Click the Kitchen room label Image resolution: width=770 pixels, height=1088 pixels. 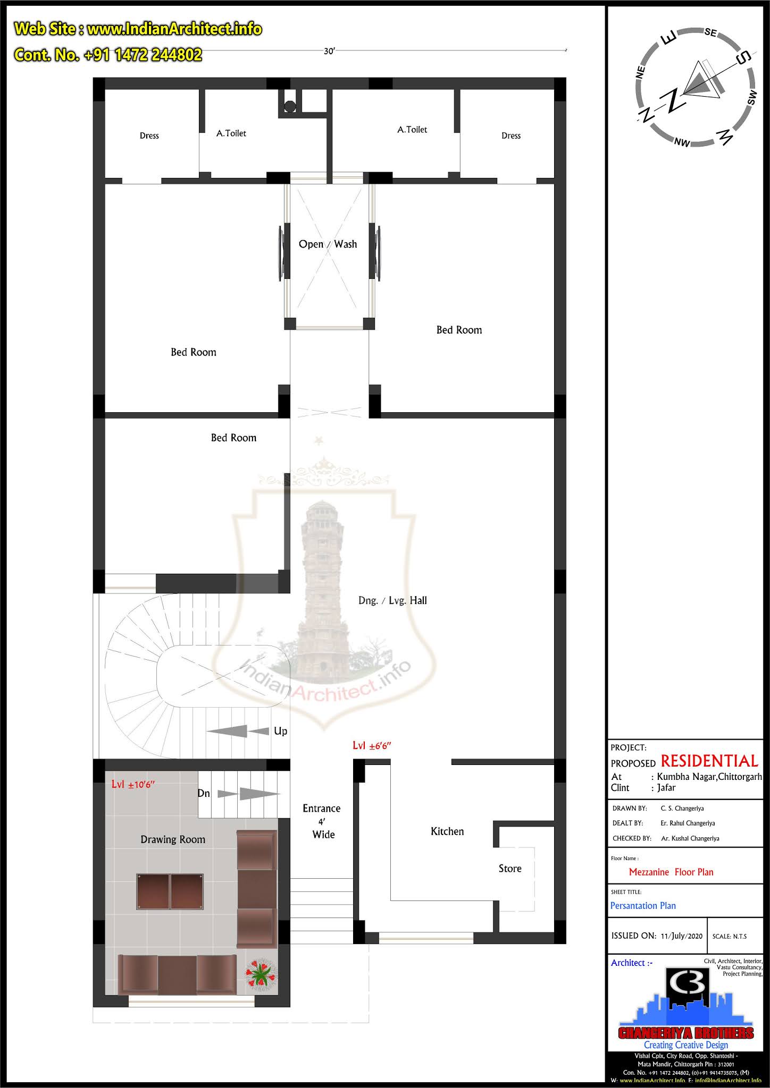click(x=447, y=831)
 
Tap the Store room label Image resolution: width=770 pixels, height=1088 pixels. click(x=509, y=869)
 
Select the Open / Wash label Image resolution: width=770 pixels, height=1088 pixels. click(x=328, y=244)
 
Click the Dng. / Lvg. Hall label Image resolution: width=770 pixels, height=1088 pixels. click(x=392, y=600)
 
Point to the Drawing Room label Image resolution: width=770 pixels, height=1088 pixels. click(x=172, y=839)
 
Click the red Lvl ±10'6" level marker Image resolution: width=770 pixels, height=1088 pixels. click(x=133, y=785)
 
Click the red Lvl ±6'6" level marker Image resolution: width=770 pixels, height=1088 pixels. click(x=372, y=745)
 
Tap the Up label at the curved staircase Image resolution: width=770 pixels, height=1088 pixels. click(x=280, y=731)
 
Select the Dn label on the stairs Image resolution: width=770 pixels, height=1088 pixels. click(x=204, y=793)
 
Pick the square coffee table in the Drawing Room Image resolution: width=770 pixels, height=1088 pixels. click(x=170, y=891)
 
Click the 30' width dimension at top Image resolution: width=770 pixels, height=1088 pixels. click(x=329, y=51)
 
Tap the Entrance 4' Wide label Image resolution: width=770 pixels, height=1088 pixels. click(x=322, y=821)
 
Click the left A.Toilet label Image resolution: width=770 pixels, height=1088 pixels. click(x=231, y=133)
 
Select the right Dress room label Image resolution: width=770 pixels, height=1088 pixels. click(x=510, y=135)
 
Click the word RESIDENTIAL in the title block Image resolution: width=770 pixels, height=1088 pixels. click(x=709, y=761)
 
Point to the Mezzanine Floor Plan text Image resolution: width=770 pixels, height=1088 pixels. click(x=671, y=872)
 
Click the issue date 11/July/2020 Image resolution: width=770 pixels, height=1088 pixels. click(x=682, y=936)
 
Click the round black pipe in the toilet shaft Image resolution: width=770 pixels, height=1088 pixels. click(x=290, y=106)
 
